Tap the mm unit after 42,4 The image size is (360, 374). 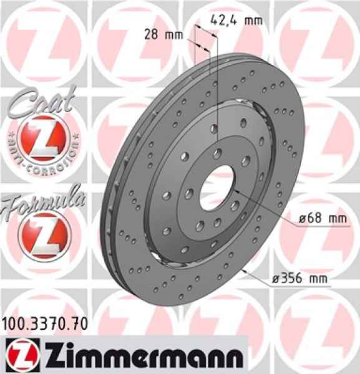coord(253,20)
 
